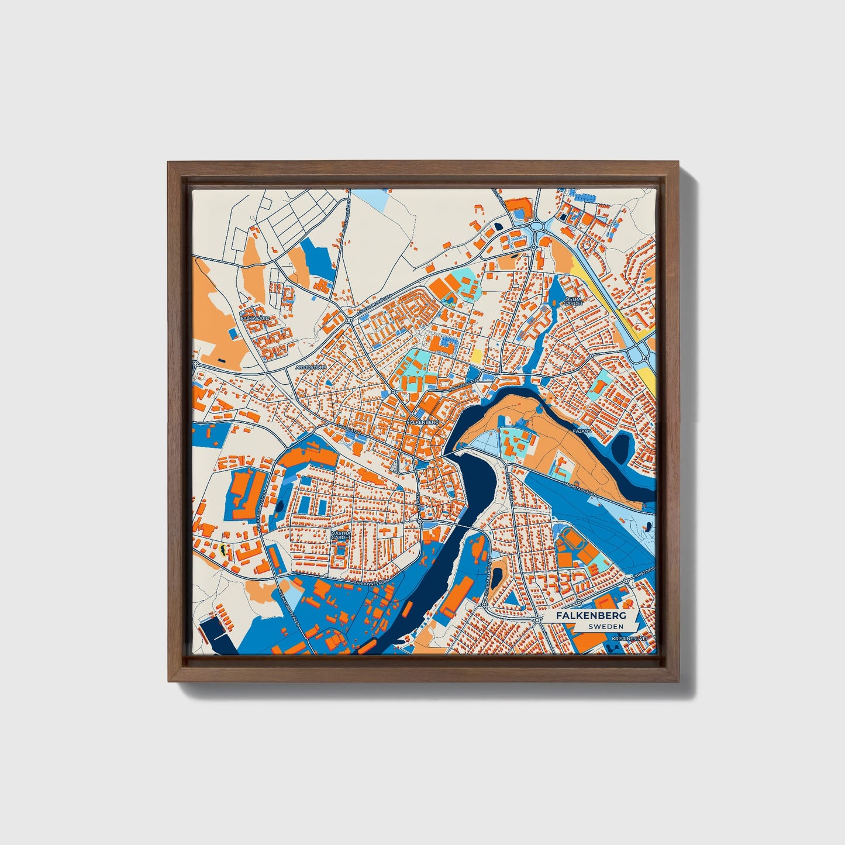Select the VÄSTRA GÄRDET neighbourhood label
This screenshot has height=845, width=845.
(x=340, y=537)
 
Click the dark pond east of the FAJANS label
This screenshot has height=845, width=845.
(x=621, y=447)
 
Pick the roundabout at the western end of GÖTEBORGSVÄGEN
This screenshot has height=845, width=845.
(x=349, y=320)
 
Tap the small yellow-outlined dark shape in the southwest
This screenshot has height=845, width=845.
(x=223, y=550)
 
